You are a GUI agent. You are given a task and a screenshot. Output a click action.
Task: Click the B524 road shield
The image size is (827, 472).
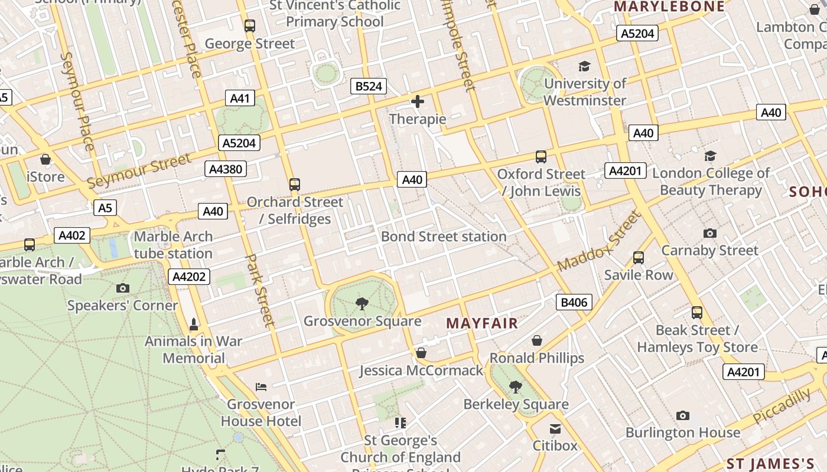pyautogui.click(x=369, y=86)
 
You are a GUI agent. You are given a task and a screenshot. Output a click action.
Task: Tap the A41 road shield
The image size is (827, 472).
pyautogui.click(x=240, y=98)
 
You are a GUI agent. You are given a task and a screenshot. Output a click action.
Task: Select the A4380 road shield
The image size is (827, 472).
pyautogui.click(x=226, y=169)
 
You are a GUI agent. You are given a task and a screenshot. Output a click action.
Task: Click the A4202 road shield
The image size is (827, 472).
pyautogui.click(x=189, y=276)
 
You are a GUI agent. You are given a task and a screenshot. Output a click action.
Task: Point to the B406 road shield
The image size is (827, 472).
pyautogui.click(x=574, y=303)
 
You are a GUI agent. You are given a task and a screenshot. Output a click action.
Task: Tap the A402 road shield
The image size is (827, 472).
pyautogui.click(x=72, y=235)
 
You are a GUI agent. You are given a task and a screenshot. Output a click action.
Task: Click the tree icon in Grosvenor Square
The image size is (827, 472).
pyautogui.click(x=362, y=304)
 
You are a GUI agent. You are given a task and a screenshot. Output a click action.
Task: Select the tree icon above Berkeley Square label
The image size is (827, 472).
pyautogui.click(x=516, y=387)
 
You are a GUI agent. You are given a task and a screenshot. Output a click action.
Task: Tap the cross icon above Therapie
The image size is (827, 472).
pyautogui.click(x=418, y=101)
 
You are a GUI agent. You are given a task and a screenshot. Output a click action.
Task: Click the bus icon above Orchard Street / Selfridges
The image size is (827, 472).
pyautogui.click(x=295, y=185)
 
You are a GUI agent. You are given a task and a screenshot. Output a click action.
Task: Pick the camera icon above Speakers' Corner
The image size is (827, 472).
pyautogui.click(x=123, y=288)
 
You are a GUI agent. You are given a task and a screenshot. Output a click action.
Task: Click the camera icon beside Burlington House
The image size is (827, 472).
pyautogui.click(x=683, y=415)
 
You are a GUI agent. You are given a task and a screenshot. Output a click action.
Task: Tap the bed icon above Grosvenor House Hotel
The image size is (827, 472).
pyautogui.click(x=261, y=387)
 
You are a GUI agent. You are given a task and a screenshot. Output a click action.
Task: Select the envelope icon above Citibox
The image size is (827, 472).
pyautogui.click(x=555, y=428)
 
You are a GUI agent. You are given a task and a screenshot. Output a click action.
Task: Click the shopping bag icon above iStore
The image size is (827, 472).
pyautogui.click(x=45, y=159)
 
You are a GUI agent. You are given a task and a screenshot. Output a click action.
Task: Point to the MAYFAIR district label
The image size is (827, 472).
pyautogui.click(x=482, y=323)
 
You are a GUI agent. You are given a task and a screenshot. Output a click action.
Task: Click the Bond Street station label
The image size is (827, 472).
pyautogui.click(x=444, y=237)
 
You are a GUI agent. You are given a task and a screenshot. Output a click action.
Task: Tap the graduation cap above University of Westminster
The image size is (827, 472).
pyautogui.click(x=584, y=67)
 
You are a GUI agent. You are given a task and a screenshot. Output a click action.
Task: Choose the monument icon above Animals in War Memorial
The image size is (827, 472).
pyautogui.click(x=194, y=324)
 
